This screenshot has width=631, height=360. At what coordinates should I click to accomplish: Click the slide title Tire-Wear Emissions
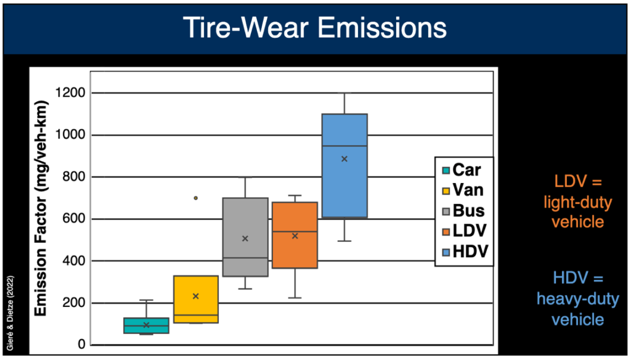click(315, 28)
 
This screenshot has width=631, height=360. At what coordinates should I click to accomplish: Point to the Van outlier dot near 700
click(196, 198)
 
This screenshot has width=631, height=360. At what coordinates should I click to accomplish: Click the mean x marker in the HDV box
click(344, 159)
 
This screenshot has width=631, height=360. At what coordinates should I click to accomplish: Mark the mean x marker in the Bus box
click(245, 239)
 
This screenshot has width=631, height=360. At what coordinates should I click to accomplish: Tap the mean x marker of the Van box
click(196, 296)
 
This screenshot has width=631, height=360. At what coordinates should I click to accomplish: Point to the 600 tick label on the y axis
click(73, 219)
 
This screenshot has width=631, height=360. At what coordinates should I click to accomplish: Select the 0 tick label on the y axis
click(81, 345)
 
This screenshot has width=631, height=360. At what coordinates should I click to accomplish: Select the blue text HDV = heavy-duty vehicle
click(577, 299)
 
